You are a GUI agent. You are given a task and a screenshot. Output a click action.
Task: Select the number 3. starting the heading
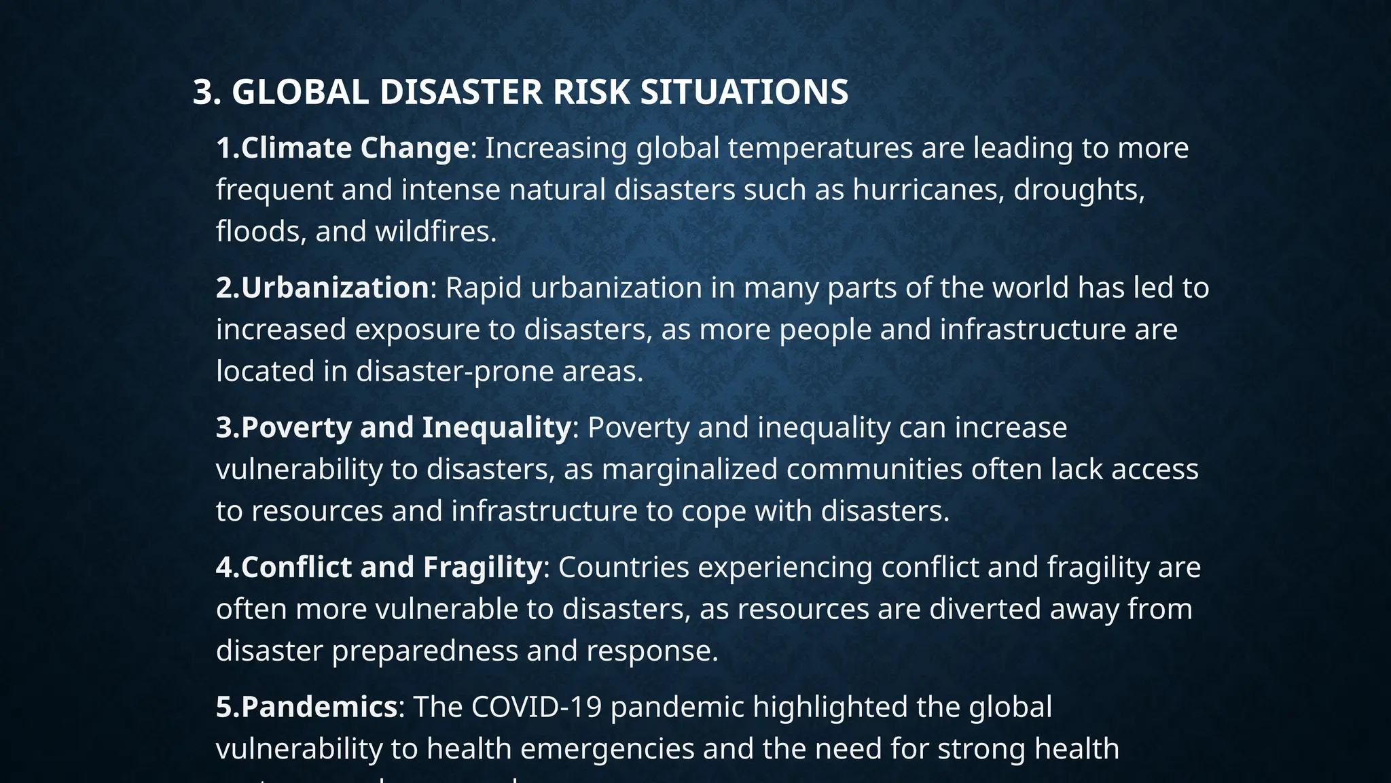point(207,92)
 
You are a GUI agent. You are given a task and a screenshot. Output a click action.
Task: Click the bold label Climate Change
point(355,148)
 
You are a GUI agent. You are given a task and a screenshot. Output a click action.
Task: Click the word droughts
point(1079,190)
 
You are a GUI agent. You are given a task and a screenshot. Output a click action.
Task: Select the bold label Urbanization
point(335,288)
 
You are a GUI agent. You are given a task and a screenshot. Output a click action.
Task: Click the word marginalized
point(689,470)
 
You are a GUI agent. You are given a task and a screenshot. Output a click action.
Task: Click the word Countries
point(624,567)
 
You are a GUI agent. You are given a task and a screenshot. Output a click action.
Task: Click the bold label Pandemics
point(319,707)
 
